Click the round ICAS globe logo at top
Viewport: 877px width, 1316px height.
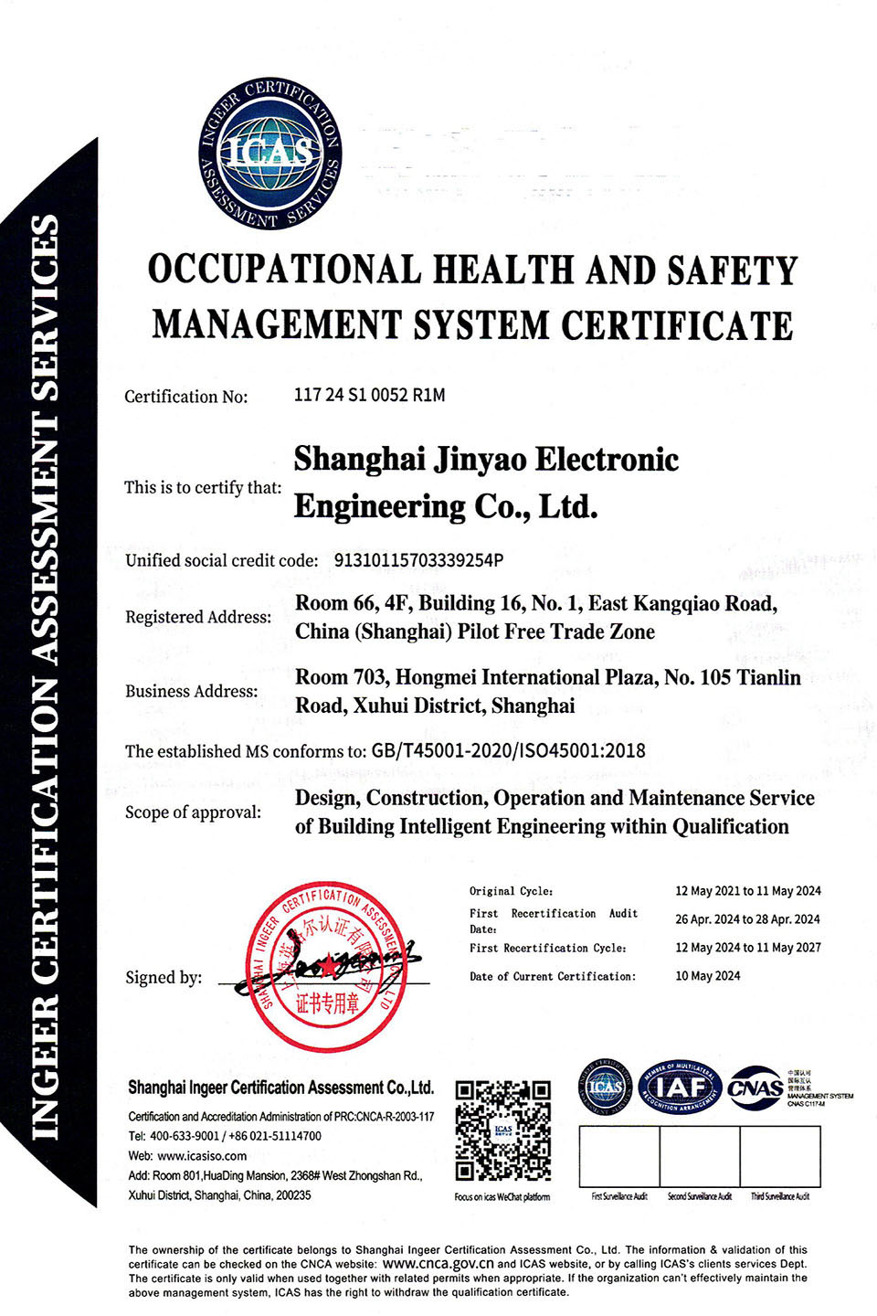tap(270, 153)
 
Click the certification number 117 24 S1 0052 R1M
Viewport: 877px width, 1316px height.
tap(369, 395)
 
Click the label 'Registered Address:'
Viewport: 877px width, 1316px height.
tap(198, 617)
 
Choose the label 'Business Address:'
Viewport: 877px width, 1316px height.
tap(192, 692)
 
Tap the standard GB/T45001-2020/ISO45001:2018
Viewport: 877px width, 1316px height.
tap(508, 751)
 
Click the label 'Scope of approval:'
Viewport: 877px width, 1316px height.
tap(193, 812)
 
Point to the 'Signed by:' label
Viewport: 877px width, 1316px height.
tap(164, 978)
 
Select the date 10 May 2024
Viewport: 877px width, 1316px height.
tap(708, 976)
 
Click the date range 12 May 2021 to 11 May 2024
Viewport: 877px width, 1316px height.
tap(747, 891)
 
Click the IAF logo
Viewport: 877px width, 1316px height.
tap(681, 1088)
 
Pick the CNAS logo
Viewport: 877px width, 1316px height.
tap(755, 1088)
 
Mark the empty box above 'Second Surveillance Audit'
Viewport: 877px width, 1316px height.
tap(700, 1156)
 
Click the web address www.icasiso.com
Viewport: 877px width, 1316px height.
tap(202, 1156)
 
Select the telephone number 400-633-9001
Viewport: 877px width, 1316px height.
tap(185, 1136)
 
